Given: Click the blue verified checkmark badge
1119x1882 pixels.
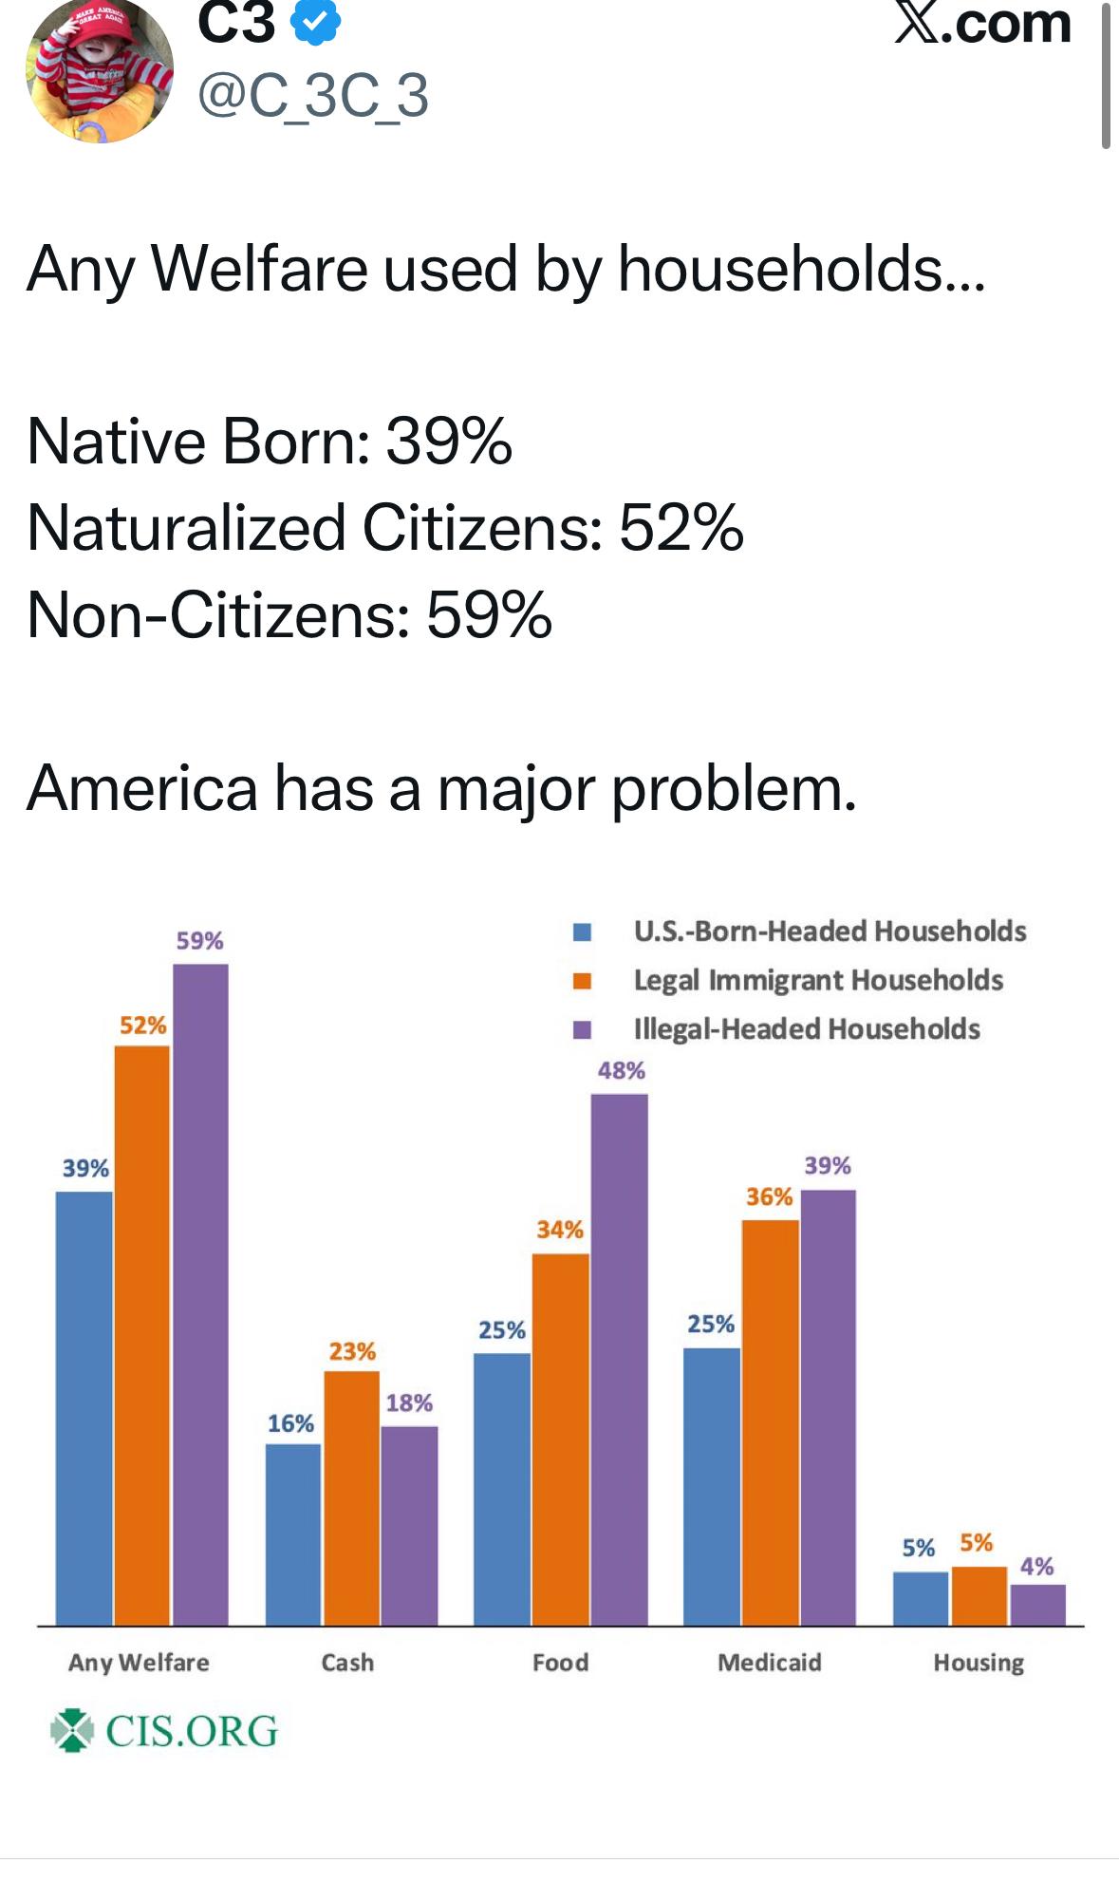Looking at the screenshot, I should (316, 23).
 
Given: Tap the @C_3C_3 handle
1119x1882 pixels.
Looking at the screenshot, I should (312, 96).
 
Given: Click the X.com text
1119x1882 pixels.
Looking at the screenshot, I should (983, 23).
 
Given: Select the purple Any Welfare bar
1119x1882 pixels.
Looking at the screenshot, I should (200, 1294).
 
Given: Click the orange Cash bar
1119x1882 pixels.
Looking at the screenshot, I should (351, 1497).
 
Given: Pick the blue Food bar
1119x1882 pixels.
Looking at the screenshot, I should (502, 1488).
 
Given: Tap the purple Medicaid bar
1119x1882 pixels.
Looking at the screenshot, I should (828, 1406).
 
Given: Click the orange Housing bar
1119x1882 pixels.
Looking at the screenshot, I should (979, 1595).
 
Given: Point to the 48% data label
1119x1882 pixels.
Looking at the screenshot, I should (621, 1071).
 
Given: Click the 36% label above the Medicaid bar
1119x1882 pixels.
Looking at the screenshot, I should (769, 1196).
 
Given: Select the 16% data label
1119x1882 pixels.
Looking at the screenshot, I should (290, 1423).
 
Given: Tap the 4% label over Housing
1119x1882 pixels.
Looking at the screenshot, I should (1036, 1566).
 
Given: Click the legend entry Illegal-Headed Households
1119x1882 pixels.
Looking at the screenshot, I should (806, 1029).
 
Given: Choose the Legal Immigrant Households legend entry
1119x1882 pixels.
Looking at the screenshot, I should (817, 980).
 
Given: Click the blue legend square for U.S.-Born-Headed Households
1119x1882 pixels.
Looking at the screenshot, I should (582, 932).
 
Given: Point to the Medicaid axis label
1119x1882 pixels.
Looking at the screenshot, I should (769, 1662).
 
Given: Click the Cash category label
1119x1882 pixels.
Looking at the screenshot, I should (347, 1662).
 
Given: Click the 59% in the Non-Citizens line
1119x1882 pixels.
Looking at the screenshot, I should (489, 614).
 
